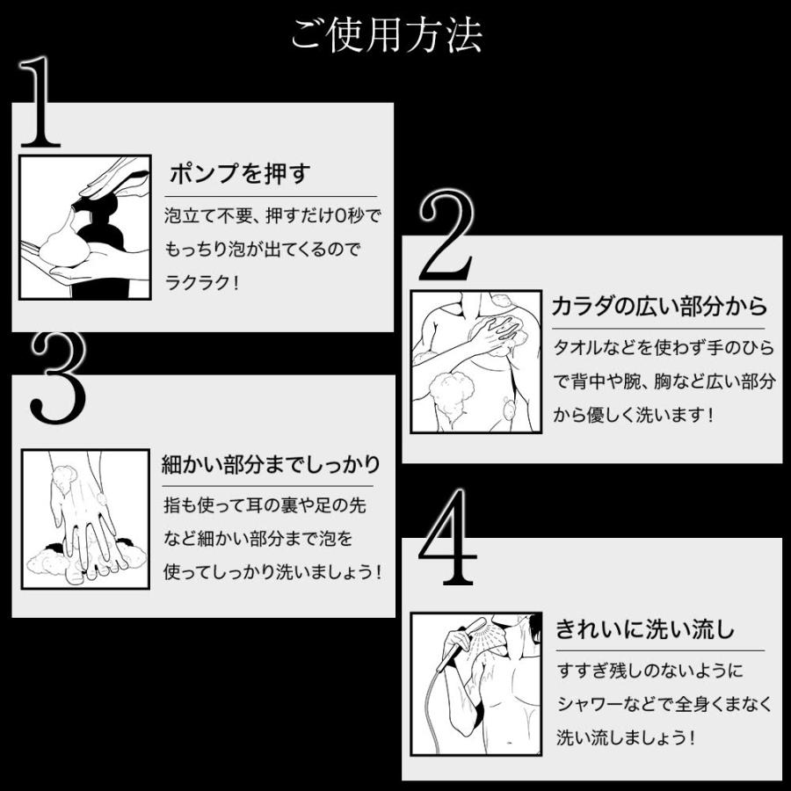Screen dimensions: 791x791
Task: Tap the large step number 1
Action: (x=40, y=104)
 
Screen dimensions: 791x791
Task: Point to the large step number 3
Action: (x=58, y=377)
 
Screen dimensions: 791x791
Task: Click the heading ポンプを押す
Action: (x=239, y=173)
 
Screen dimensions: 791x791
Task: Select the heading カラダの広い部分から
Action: (x=659, y=306)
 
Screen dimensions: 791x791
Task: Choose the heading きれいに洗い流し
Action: (x=645, y=629)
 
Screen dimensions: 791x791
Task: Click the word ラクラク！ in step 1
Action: (x=202, y=283)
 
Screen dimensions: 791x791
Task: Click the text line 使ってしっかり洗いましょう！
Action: (x=273, y=572)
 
